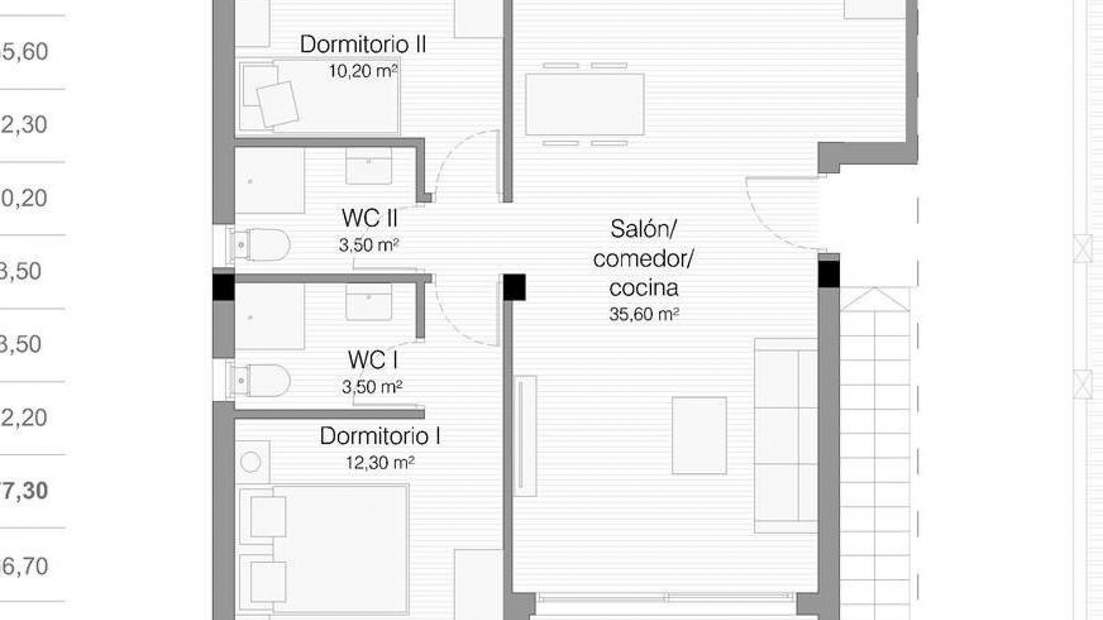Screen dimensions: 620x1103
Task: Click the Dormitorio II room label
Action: click(x=362, y=45)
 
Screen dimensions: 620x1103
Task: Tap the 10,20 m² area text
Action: click(x=363, y=71)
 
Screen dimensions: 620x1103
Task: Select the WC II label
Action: click(x=369, y=218)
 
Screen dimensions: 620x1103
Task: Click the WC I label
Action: click(x=372, y=361)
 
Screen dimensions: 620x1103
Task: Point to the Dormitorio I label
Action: click(x=380, y=436)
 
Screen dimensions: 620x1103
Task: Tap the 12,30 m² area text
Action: click(x=380, y=463)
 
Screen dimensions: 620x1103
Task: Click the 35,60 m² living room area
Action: click(x=644, y=315)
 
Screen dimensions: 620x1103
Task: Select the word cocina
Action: click(x=643, y=288)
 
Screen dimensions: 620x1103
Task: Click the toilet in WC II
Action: click(x=261, y=245)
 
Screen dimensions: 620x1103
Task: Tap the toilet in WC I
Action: click(x=261, y=380)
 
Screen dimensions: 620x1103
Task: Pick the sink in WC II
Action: click(x=368, y=166)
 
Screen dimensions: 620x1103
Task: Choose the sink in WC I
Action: click(x=368, y=303)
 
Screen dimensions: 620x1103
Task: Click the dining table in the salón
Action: click(x=584, y=104)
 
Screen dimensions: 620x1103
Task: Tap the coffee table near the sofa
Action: click(x=699, y=435)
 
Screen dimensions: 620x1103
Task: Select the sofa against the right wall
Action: click(x=785, y=436)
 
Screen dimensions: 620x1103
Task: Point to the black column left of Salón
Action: click(x=514, y=287)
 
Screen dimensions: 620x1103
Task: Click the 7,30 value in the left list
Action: click(x=24, y=491)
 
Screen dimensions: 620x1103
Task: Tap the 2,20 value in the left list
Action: click(x=24, y=417)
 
